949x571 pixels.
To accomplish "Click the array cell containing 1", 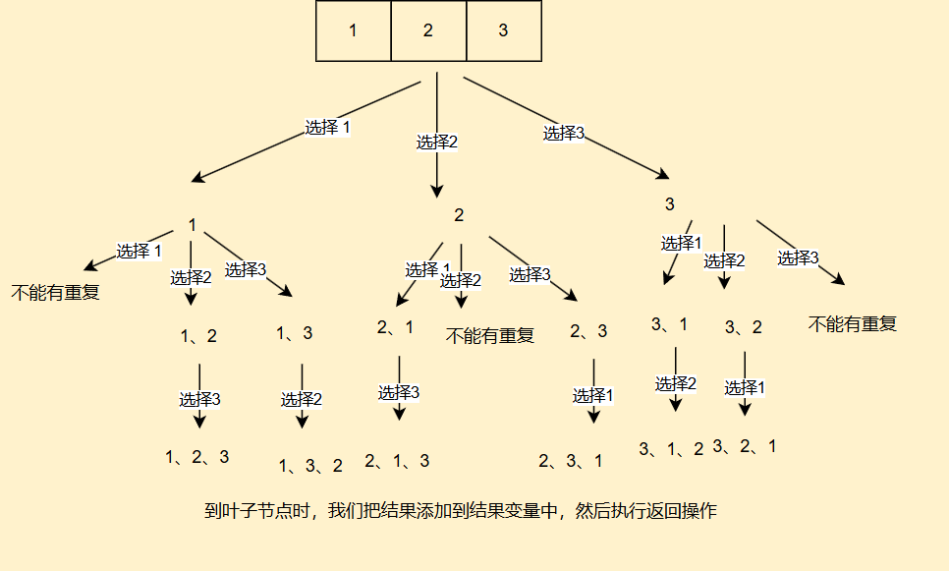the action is coord(353,30).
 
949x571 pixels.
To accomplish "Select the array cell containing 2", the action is coord(428,30).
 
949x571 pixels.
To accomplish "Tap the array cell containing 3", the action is coord(503,30).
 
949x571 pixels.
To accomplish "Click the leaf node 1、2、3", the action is coord(197,456).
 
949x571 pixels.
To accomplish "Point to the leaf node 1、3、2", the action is coord(310,465).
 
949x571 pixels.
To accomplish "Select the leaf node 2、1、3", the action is coord(397,460).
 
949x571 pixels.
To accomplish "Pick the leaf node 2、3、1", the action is coord(570,460).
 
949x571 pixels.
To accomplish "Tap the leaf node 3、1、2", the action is coord(672,449).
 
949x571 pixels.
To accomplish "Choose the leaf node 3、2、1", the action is coord(745,446).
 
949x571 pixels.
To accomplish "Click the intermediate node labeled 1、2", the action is coord(198,336).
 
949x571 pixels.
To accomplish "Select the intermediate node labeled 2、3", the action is coord(588,331).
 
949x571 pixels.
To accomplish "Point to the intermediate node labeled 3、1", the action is coord(669,324).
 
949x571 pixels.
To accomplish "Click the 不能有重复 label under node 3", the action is coord(853,323).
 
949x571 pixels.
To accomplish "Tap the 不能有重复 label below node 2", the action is coord(490,336).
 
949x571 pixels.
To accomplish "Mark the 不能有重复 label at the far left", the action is coord(56,292).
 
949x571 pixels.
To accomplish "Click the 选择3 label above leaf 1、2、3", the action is coord(199,399).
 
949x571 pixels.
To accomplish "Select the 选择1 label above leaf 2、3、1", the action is coord(593,395).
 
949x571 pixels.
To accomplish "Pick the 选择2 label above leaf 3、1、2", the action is coord(676,383).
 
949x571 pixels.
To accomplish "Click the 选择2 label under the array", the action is coord(437,142).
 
